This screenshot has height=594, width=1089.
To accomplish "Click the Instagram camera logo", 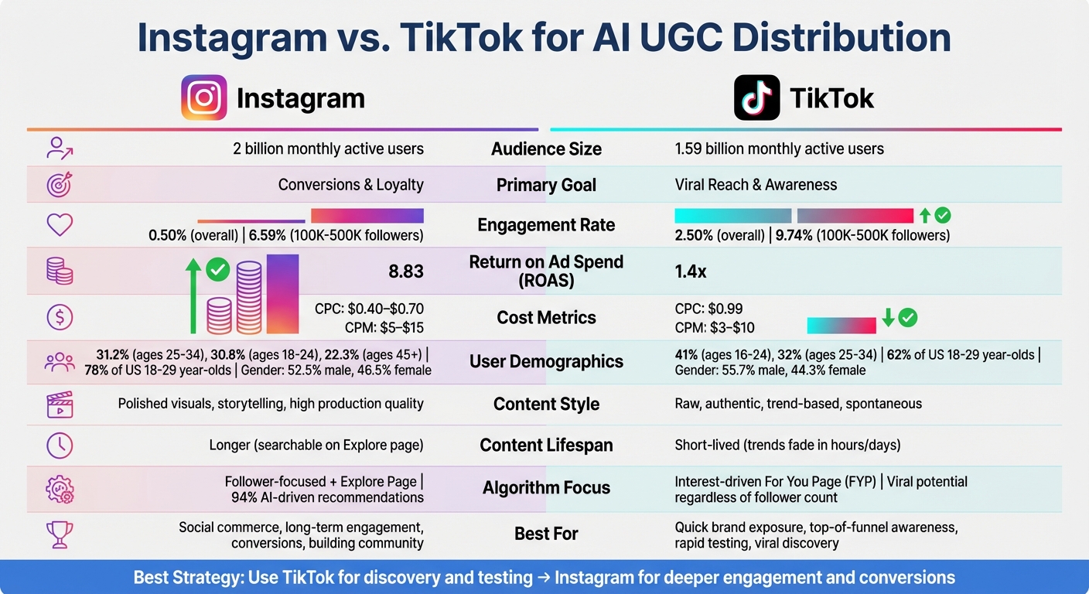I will tap(204, 97).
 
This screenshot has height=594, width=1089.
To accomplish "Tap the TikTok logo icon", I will tap(756, 97).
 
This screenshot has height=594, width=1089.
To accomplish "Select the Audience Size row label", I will tap(546, 148).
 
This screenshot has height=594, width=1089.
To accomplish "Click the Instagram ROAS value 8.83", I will tap(406, 271).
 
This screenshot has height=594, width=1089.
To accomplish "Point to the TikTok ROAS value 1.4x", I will tap(691, 271).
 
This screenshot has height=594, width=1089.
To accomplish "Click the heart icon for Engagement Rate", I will tap(60, 224).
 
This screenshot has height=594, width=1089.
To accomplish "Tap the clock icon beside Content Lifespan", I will tap(60, 445).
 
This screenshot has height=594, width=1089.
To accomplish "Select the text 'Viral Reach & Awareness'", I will tap(756, 185).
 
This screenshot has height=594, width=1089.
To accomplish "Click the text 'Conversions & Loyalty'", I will tap(350, 185).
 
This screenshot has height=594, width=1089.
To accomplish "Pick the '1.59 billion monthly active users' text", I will tap(779, 148).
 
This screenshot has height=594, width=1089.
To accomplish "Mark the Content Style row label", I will tap(546, 404).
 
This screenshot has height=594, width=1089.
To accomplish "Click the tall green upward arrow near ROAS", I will tap(193, 298).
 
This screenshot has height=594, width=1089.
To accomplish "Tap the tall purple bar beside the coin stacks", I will tap(282, 295).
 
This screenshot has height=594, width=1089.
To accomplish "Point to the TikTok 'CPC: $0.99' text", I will tap(708, 309).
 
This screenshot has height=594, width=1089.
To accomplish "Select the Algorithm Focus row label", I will tap(546, 487).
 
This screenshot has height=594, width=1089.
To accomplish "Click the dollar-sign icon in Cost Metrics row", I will tap(60, 316).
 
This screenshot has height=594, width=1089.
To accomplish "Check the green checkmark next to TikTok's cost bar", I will tap(907, 317).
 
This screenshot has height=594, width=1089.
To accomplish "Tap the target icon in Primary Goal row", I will tap(60, 185).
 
